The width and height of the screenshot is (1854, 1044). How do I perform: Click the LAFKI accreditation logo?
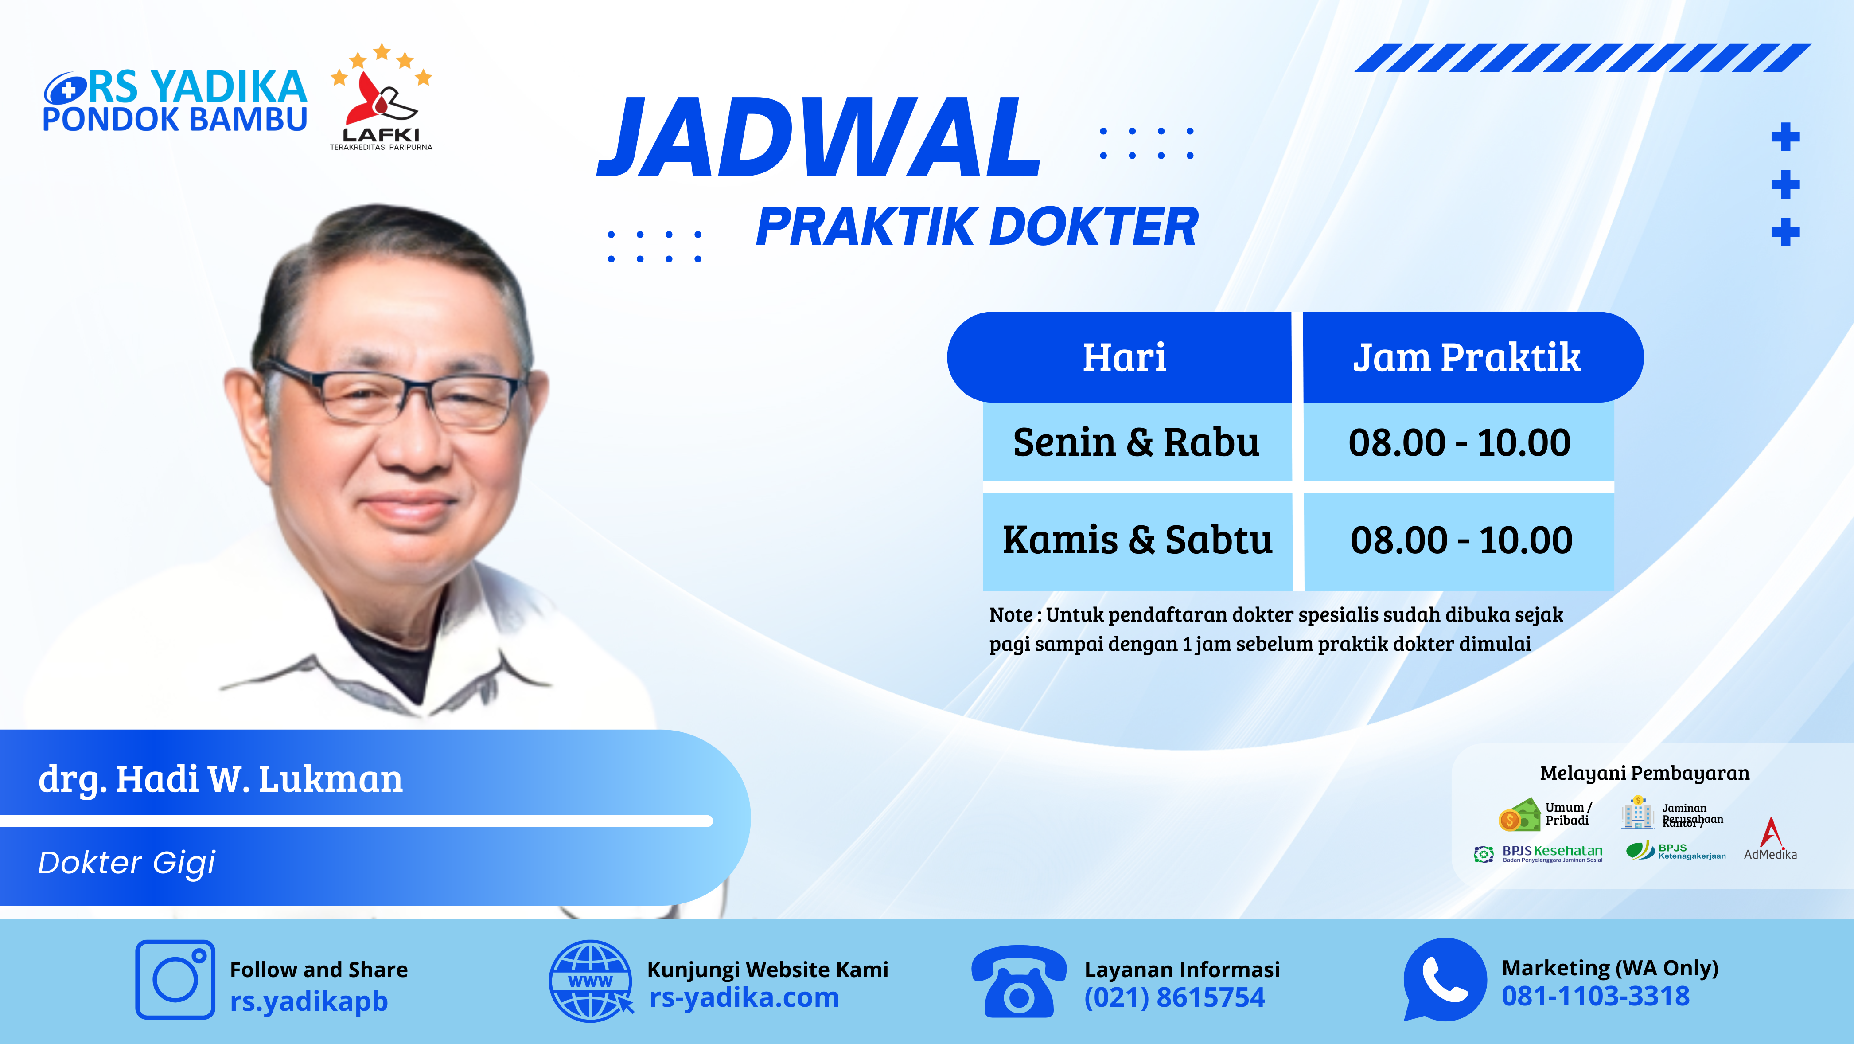[x=382, y=97]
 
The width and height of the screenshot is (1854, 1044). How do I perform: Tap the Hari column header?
[x=1124, y=357]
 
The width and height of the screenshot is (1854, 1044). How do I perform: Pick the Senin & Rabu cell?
[x=1137, y=442]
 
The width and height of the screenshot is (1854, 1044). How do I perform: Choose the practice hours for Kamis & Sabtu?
[x=1461, y=540]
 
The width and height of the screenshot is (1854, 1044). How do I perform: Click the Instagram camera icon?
[x=175, y=979]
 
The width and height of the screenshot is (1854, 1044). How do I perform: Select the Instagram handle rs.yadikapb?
[x=309, y=1001]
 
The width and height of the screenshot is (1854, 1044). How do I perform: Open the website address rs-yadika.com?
[x=744, y=997]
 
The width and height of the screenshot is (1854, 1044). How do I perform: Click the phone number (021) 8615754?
[x=1175, y=997]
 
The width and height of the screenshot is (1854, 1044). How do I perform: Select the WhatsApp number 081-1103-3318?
[x=1595, y=996]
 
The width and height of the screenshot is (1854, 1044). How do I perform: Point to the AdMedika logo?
[x=1771, y=839]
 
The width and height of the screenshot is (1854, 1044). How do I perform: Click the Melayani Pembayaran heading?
[x=1644, y=773]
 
